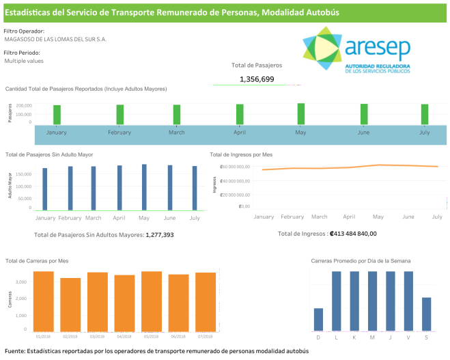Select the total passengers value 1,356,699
click(x=257, y=79)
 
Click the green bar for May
click(x=300, y=114)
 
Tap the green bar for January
click(x=57, y=115)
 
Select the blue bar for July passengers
click(x=194, y=188)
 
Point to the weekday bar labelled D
click(x=318, y=319)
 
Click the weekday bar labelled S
click(x=426, y=314)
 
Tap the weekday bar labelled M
click(x=372, y=301)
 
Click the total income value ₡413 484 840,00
click(x=352, y=234)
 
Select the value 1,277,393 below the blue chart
click(x=160, y=234)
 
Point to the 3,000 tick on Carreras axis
click(x=20, y=281)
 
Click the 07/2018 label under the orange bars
click(x=206, y=336)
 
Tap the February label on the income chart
click(x=292, y=217)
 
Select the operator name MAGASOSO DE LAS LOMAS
click(x=55, y=39)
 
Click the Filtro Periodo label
click(x=22, y=53)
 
